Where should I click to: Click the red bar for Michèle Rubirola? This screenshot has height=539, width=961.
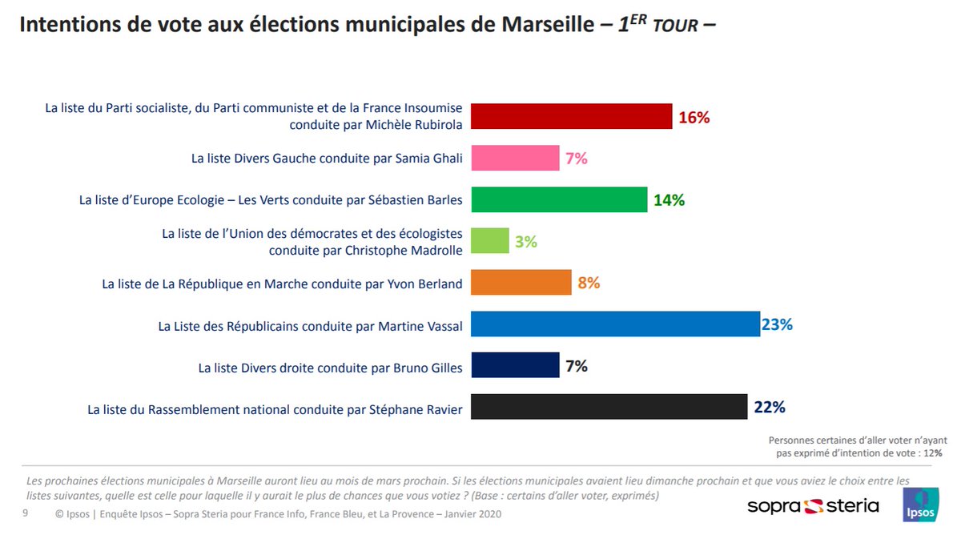(571, 117)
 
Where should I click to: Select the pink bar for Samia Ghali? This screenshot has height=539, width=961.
(515, 159)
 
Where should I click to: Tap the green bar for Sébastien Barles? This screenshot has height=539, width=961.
(559, 200)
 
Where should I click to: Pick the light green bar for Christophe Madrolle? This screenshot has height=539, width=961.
(489, 241)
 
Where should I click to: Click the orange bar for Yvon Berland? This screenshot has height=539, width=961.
(521, 283)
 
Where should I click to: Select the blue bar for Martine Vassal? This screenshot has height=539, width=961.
(615, 324)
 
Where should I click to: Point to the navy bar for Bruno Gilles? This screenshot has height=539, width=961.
(515, 366)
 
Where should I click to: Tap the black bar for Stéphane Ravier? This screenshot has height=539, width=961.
(609, 407)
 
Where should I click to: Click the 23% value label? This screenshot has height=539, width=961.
(777, 324)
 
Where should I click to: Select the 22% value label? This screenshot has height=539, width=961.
(769, 407)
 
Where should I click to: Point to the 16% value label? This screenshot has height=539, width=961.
(694, 118)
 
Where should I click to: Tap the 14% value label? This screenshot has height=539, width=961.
(669, 200)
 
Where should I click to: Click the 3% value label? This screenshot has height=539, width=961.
(526, 241)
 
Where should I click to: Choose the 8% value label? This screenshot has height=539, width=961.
(588, 283)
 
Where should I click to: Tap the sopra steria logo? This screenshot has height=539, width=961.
(813, 506)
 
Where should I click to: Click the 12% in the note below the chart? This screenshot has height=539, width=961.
(933, 453)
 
